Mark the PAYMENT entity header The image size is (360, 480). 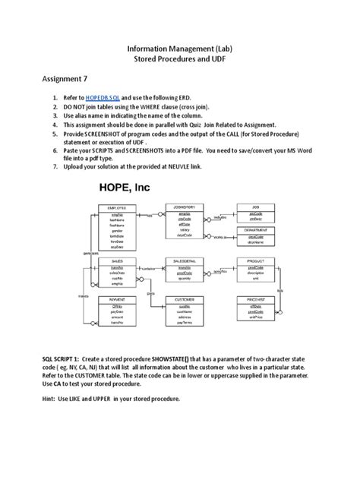(116, 299)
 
